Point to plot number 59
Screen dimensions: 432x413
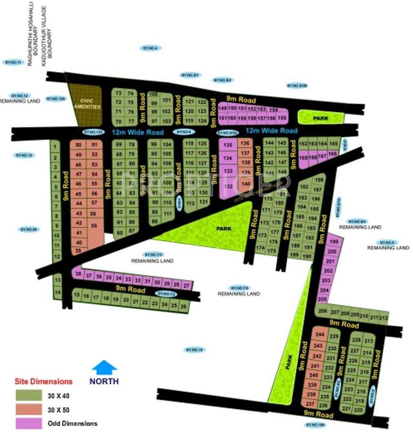[93, 226]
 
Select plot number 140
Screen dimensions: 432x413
[245, 184]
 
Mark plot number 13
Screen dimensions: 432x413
[57, 279]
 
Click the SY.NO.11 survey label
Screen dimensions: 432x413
[12, 62]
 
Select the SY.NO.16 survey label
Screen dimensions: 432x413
[193, 349]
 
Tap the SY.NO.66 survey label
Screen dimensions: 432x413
[28, 229]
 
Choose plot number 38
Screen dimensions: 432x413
[78, 274]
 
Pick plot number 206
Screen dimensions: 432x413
[322, 310]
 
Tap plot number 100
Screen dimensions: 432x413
[154, 94]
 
